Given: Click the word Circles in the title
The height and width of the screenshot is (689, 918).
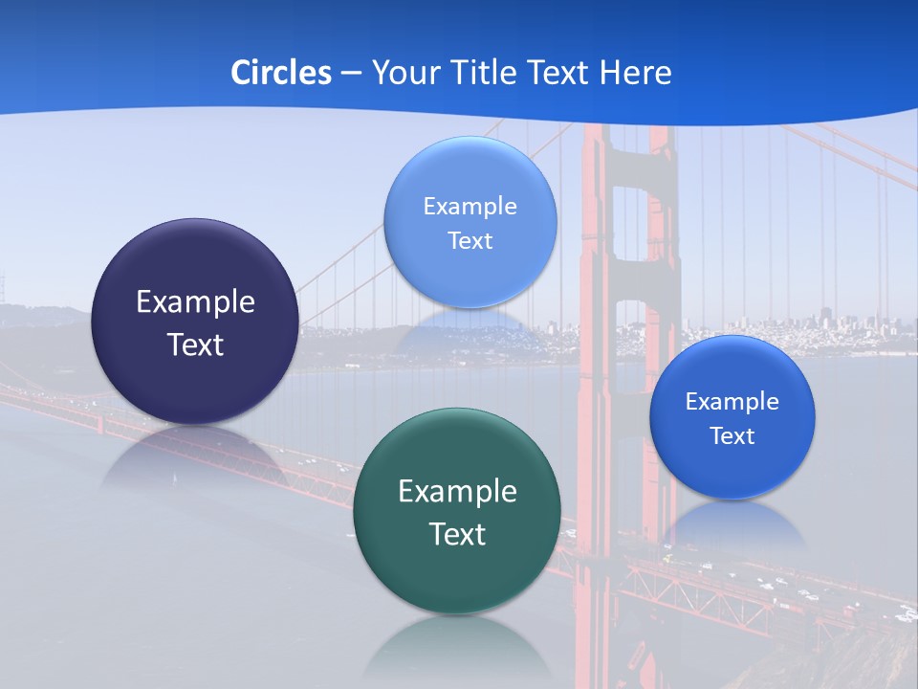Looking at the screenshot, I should pyautogui.click(x=280, y=73).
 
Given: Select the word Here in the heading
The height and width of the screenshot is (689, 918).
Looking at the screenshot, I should pyautogui.click(x=636, y=73).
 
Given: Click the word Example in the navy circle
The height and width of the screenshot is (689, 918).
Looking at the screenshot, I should pyautogui.click(x=195, y=302).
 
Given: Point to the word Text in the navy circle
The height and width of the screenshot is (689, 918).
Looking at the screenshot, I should pyautogui.click(x=195, y=344).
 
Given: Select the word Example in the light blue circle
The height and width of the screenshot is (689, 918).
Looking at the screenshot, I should pyautogui.click(x=470, y=206).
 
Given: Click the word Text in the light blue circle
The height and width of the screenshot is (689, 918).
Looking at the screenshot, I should pyautogui.click(x=470, y=240).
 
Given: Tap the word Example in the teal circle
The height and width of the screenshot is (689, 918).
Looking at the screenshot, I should pyautogui.click(x=457, y=492).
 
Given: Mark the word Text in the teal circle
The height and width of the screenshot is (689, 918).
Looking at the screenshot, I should pyautogui.click(x=457, y=534).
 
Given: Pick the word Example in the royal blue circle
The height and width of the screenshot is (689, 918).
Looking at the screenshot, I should pyautogui.click(x=732, y=401).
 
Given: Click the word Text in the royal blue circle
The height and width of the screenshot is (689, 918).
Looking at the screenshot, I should pyautogui.click(x=732, y=436).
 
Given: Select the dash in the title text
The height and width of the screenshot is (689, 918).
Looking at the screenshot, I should pyautogui.click(x=351, y=74).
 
